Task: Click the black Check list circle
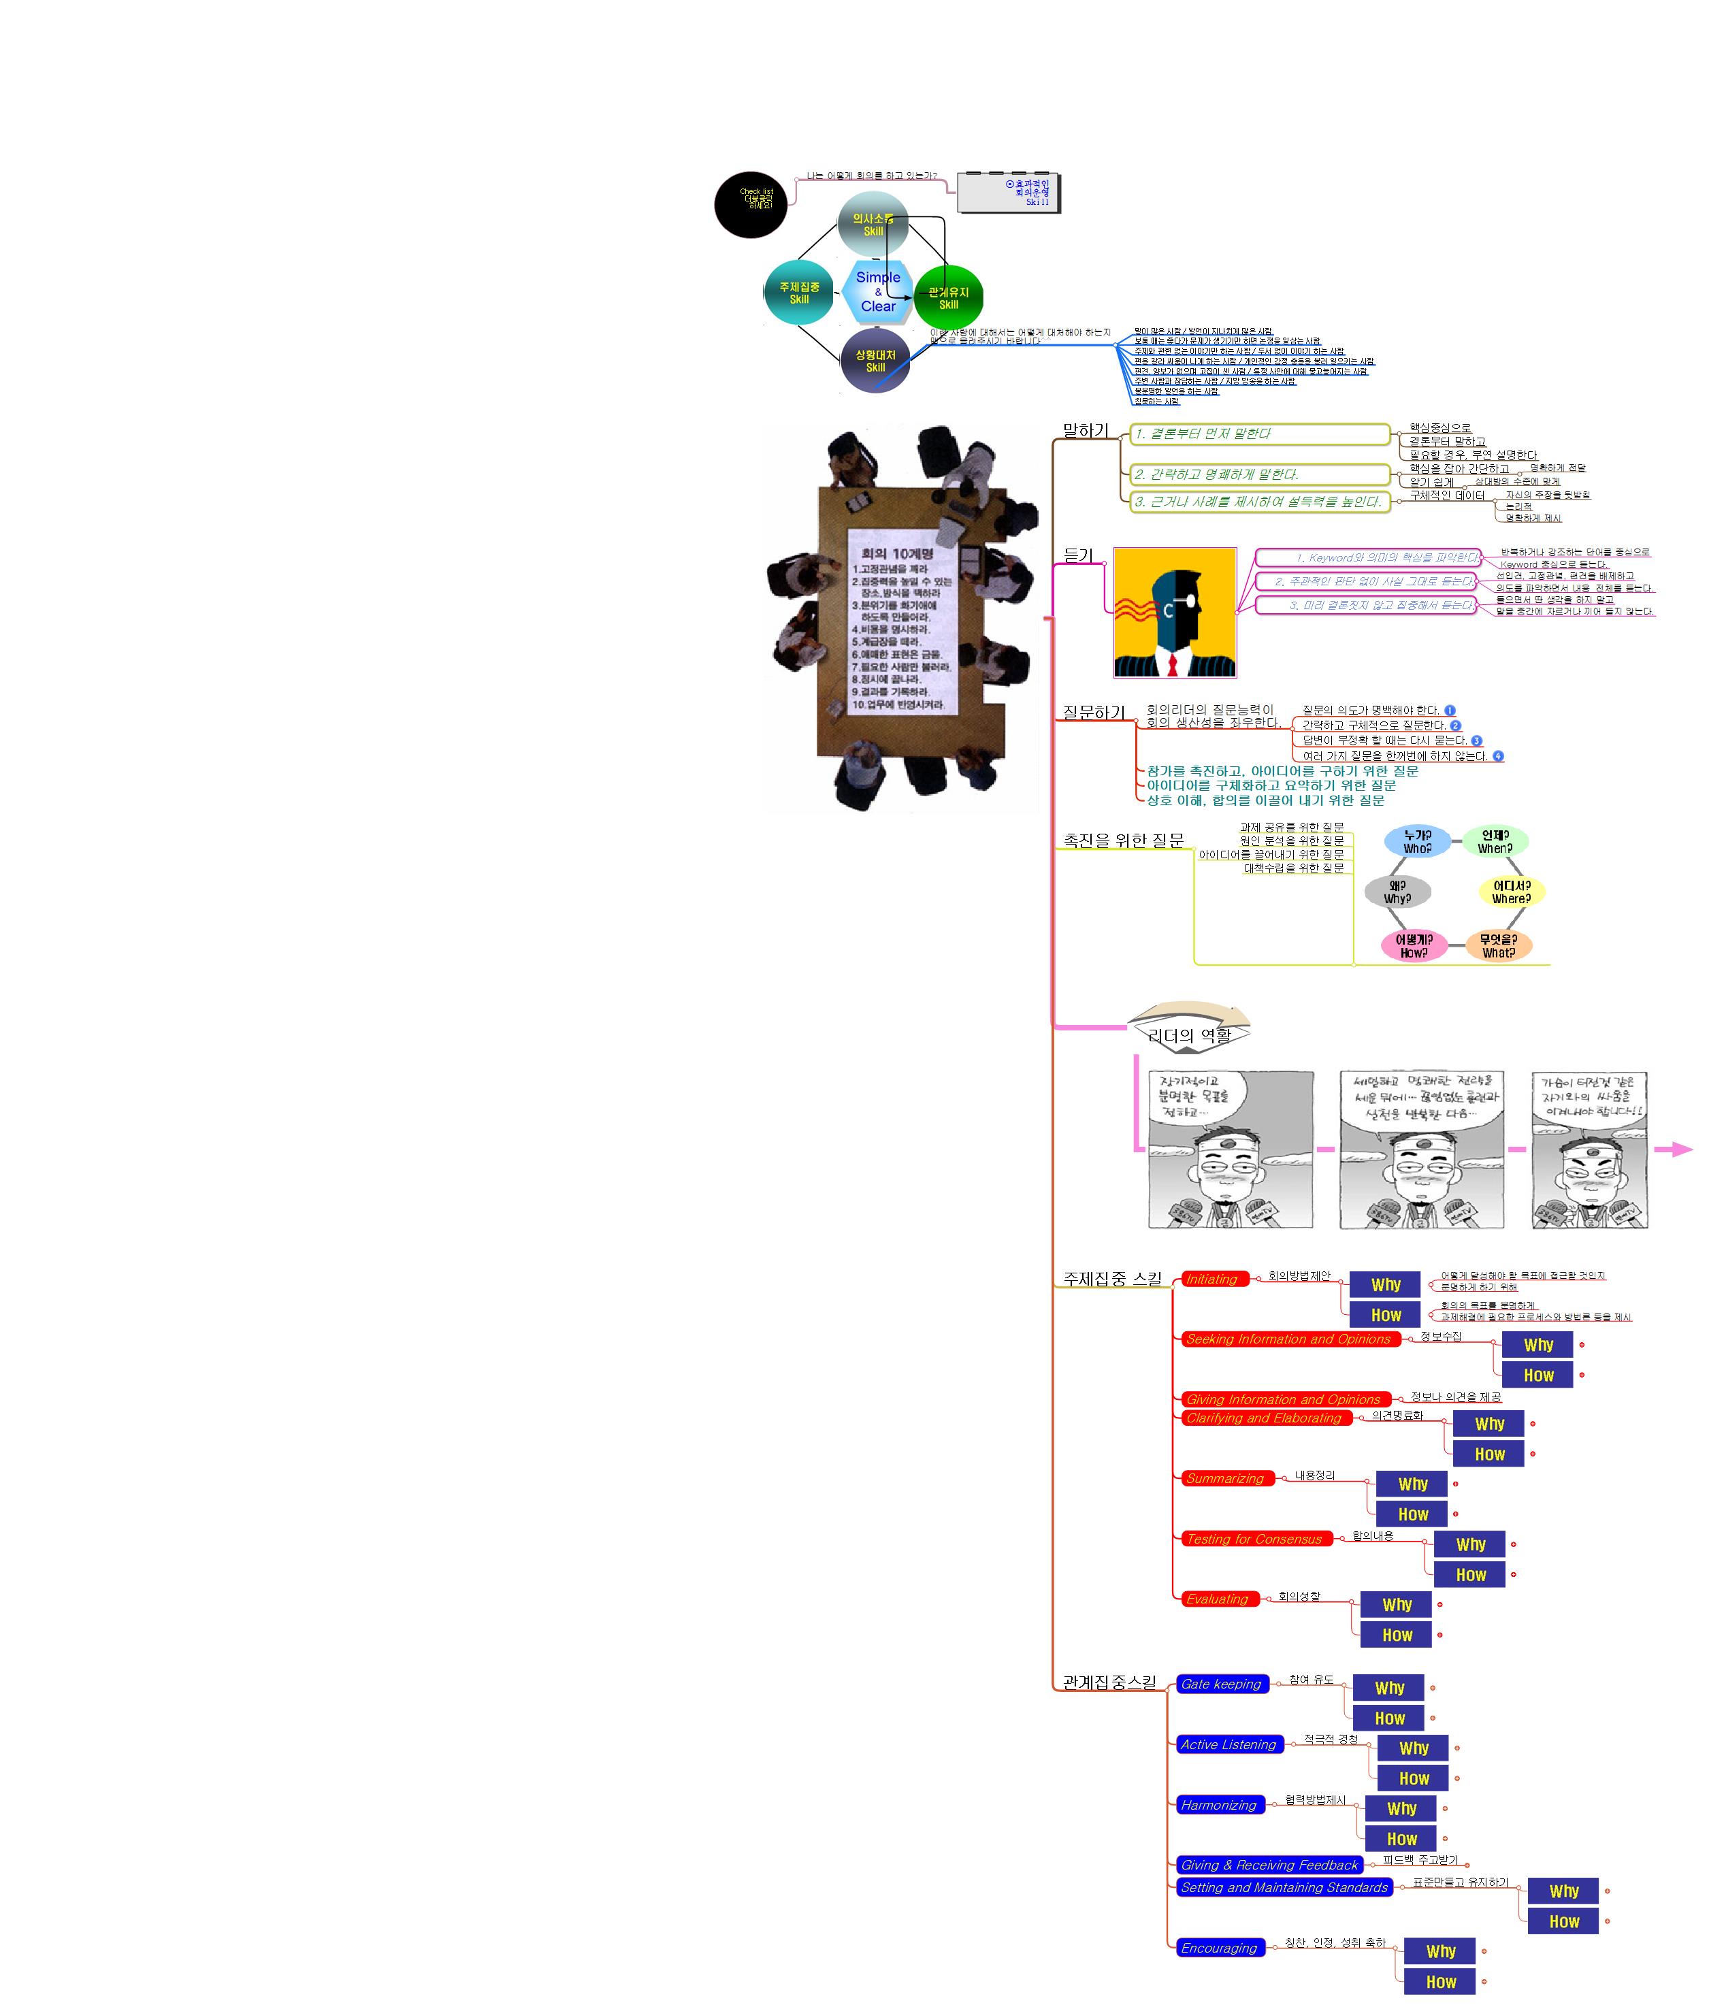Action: [750, 204]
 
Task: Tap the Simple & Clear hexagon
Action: [878, 291]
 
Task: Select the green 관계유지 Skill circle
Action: [948, 297]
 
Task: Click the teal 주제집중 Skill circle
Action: [798, 292]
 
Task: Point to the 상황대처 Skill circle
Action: [875, 361]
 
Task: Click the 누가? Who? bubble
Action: [1417, 841]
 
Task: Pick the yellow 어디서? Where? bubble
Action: [1511, 891]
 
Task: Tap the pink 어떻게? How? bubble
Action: [1413, 945]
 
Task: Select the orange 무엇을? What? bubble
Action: [1498, 945]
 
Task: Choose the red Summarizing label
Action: [1225, 1479]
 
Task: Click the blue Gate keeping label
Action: [1221, 1684]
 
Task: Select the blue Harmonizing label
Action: [1218, 1806]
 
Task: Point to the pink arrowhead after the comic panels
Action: [1677, 1150]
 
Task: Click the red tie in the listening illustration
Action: [1172, 665]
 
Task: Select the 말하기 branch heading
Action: [1086, 431]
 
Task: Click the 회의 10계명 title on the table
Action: [897, 553]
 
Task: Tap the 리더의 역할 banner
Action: [1189, 1034]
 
